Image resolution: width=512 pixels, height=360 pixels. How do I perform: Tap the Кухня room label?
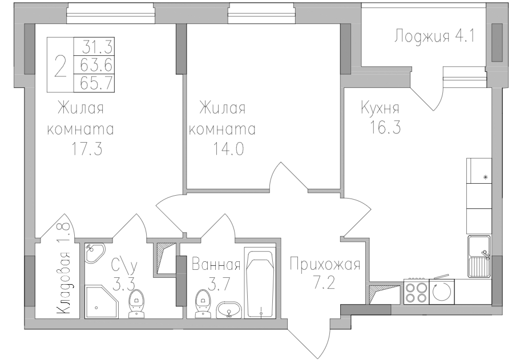click(379, 108)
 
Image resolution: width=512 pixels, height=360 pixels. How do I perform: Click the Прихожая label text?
click(325, 265)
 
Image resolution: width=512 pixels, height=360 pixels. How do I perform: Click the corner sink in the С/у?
click(94, 253)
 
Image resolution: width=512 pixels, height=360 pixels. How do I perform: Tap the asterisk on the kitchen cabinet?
click(486, 177)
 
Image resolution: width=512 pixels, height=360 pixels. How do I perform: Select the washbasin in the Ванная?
click(230, 310)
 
